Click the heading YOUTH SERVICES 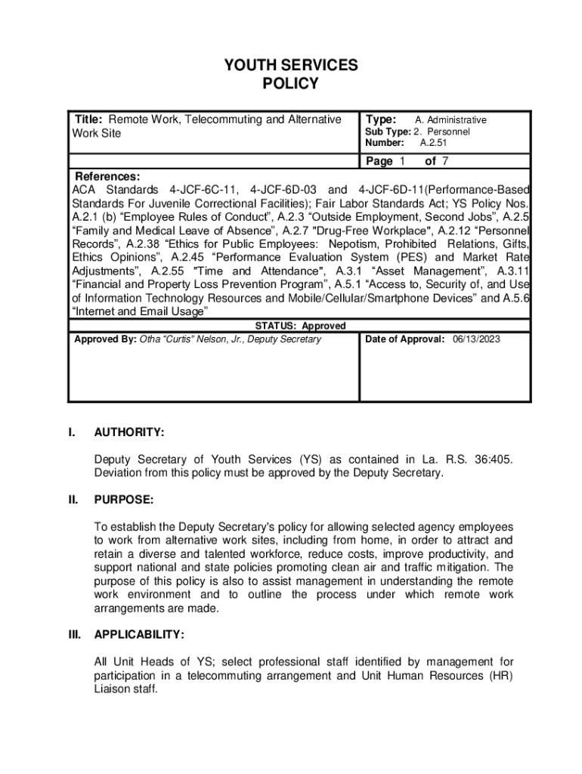click(291, 66)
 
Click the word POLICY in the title click(291, 84)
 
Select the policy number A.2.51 click(434, 142)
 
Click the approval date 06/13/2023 click(477, 339)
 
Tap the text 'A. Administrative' click(451, 120)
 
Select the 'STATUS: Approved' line click(300, 326)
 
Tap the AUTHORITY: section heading click(129, 432)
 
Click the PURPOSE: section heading click(124, 500)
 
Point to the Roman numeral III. click(74, 634)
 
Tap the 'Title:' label click(89, 119)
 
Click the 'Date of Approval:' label click(405, 339)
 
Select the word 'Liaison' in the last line click(112, 689)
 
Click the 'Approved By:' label click(105, 339)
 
